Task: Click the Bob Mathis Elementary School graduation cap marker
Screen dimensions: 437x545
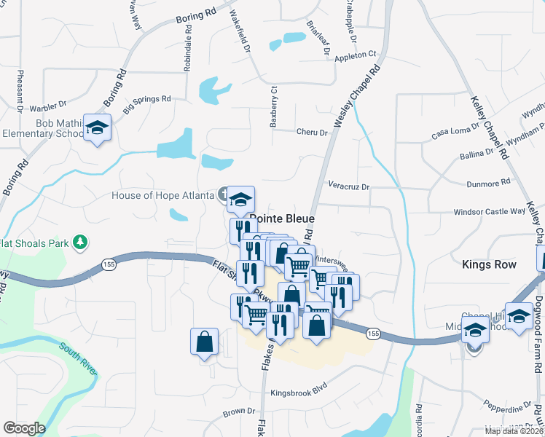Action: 97,128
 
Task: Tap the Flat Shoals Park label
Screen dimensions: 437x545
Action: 35,242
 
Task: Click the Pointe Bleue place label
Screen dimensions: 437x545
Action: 283,219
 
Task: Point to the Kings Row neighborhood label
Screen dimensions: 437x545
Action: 489,264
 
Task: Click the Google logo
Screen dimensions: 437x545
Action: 24,428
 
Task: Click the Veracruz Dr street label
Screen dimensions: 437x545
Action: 349,187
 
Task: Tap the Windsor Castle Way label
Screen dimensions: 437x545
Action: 479,211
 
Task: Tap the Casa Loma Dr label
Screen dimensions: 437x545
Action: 455,131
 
